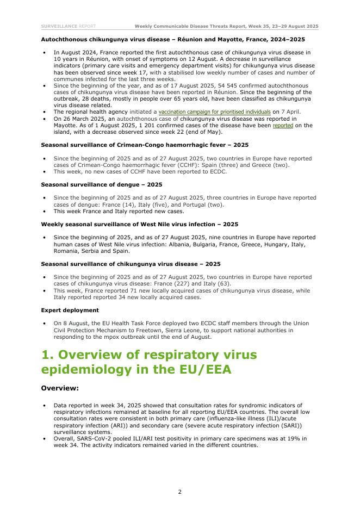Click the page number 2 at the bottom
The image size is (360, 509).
point(179,492)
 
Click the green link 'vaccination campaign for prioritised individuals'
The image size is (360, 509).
point(214,111)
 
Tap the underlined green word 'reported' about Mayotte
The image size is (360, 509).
point(283,125)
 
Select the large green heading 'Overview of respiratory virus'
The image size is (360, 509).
point(149,355)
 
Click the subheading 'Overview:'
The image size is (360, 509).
point(60,388)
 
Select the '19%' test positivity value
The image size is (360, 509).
point(292,438)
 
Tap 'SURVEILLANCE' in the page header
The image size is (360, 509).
point(59,26)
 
